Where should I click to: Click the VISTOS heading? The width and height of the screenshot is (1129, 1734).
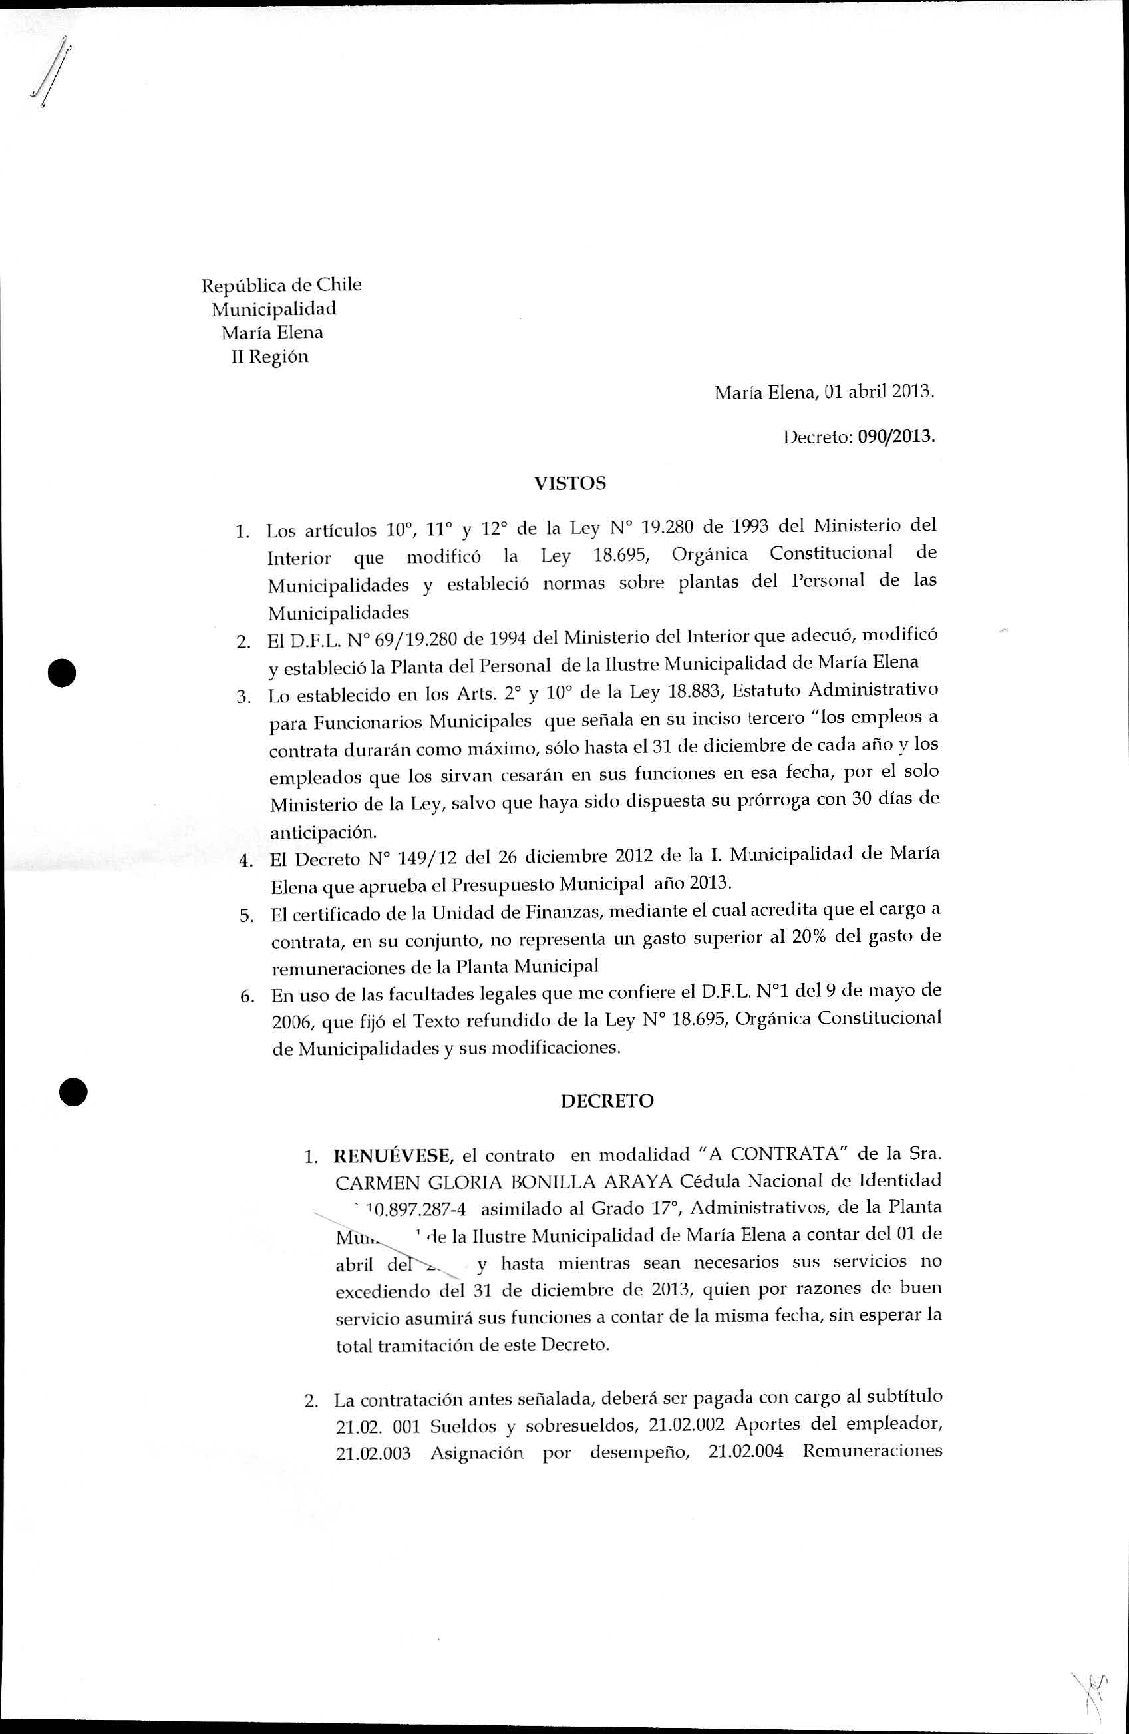tap(569, 484)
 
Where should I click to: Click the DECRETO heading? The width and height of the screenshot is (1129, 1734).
tap(607, 1100)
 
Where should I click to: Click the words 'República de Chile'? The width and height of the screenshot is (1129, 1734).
tap(281, 284)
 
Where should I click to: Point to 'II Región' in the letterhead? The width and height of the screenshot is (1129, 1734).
tap(269, 357)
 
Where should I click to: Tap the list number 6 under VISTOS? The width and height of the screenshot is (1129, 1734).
tap(246, 996)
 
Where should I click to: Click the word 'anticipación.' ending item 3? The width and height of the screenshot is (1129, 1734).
tap(313, 831)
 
